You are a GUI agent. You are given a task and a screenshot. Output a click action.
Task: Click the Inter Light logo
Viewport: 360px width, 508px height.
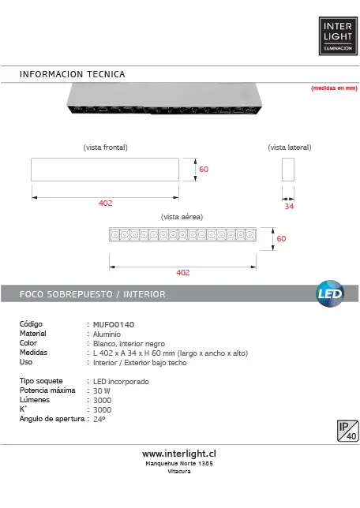(x=338, y=36)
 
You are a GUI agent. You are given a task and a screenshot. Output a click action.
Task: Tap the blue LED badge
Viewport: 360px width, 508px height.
(x=330, y=293)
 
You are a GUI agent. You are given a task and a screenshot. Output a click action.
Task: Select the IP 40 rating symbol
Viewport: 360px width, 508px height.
(x=347, y=431)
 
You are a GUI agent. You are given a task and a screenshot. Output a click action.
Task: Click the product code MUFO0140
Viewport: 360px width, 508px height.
(x=114, y=325)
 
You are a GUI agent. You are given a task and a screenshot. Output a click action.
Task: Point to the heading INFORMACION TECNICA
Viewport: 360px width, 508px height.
(x=73, y=74)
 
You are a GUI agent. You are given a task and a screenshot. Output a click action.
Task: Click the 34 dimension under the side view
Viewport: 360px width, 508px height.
(x=289, y=207)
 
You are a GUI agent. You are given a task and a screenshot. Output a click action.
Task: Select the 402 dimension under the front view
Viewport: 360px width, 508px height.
(x=106, y=204)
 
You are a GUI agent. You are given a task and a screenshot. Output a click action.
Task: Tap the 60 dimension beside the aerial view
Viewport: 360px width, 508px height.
(x=281, y=239)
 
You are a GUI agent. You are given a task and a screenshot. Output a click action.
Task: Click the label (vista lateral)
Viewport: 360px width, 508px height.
(x=290, y=148)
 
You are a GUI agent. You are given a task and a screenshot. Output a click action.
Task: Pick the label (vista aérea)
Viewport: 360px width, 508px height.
(x=182, y=217)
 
